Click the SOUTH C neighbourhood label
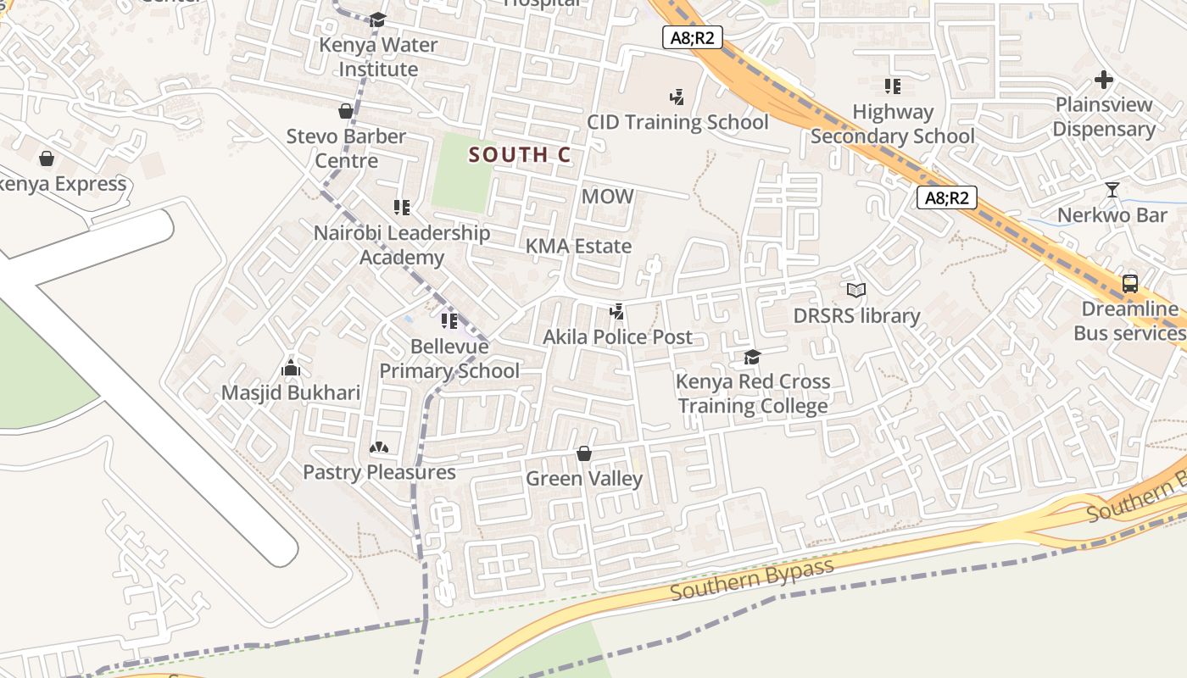(x=520, y=155)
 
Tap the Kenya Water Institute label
(x=378, y=57)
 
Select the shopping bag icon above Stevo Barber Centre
(x=346, y=111)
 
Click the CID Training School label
(x=677, y=122)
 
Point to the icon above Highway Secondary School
(x=892, y=86)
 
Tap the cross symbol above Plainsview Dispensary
(x=1103, y=81)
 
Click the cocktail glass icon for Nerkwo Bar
(x=1112, y=190)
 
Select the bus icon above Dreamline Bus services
(x=1129, y=284)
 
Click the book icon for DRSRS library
(x=856, y=291)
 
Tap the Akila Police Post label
(x=617, y=337)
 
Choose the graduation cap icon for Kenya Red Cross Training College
(x=752, y=357)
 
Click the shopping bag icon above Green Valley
(x=583, y=454)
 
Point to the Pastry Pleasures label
(x=379, y=472)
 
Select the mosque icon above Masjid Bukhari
(x=291, y=369)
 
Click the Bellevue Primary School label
(x=449, y=358)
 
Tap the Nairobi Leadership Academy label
(x=402, y=245)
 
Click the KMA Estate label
(x=579, y=247)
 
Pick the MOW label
(x=607, y=197)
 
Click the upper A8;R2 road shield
(x=692, y=36)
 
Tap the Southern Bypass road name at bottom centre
(x=751, y=579)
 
